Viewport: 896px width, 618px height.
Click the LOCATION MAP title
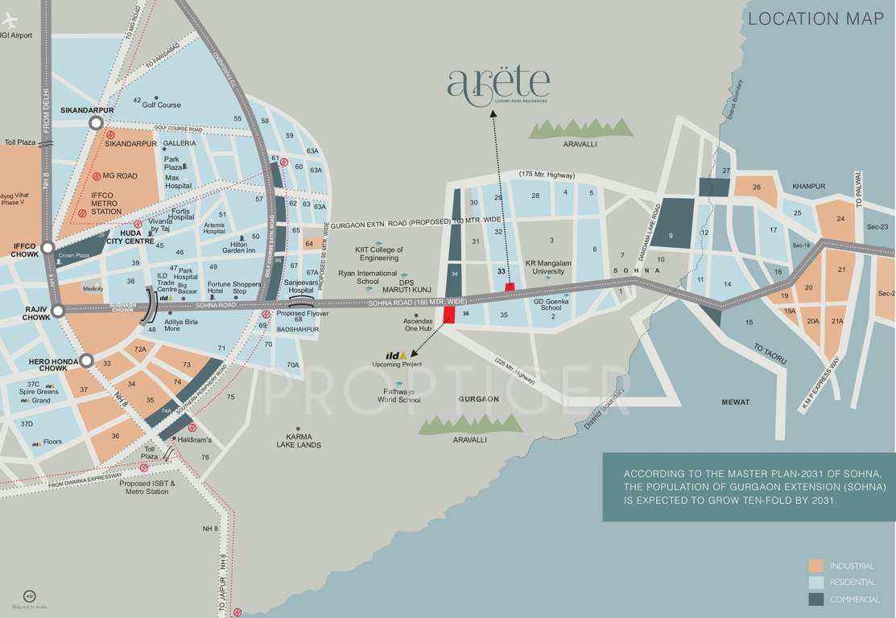click(815, 19)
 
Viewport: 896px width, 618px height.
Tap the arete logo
click(498, 85)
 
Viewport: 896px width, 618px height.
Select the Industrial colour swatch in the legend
click(816, 566)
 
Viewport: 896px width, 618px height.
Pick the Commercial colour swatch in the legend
click(816, 599)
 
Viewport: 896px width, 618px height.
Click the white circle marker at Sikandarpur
click(96, 122)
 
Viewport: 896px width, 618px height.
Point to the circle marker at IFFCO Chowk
click(48, 248)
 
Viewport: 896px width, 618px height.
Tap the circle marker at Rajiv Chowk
click(57, 311)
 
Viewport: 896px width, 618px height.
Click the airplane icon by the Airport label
click(10, 19)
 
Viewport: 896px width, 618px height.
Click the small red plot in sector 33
click(509, 286)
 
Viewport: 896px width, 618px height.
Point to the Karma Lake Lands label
click(299, 440)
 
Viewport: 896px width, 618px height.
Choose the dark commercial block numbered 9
click(671, 223)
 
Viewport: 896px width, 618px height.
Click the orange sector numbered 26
click(756, 188)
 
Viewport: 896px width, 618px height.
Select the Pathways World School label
click(398, 395)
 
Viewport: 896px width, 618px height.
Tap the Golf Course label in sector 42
click(161, 105)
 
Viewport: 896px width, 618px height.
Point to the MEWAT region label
click(735, 402)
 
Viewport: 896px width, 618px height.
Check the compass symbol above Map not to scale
click(30, 595)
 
